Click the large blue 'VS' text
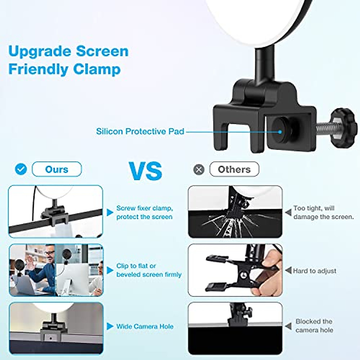146,170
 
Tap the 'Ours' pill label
57,169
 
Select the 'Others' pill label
234,169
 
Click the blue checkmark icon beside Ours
21,169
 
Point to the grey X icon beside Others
199,170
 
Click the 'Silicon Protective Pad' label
140,131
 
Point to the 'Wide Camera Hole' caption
145,326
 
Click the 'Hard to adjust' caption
314,271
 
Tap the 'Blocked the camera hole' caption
314,326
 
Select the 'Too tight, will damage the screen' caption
323,212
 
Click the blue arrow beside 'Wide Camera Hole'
110,326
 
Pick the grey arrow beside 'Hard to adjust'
288,271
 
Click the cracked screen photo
235,212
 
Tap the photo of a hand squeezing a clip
235,270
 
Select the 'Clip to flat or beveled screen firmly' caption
149,270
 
